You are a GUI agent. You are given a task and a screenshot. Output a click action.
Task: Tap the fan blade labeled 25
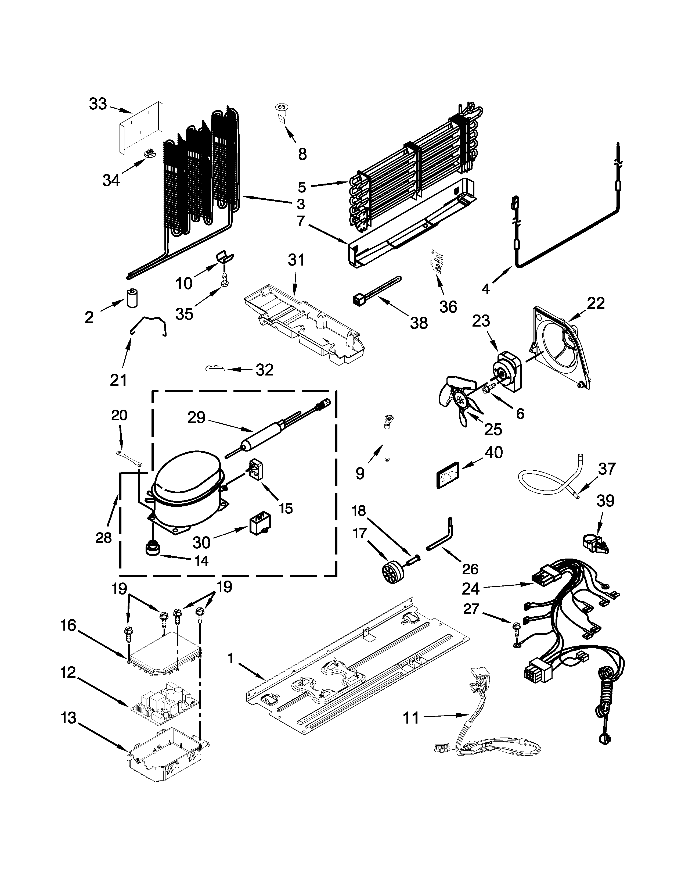click(x=462, y=400)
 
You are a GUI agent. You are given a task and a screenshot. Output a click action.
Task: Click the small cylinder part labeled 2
click(x=132, y=298)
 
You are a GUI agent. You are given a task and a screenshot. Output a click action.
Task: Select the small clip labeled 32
click(x=215, y=368)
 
